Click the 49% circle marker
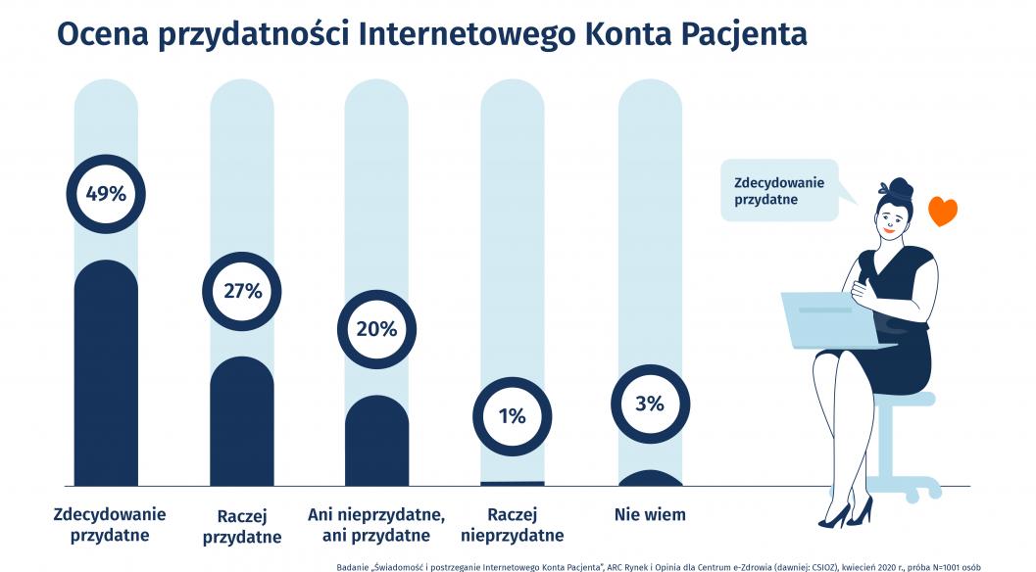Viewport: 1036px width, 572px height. (x=106, y=194)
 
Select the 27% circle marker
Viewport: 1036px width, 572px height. (x=241, y=291)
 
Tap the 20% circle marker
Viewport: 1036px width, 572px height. (x=376, y=329)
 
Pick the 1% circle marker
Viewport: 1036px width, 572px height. (x=512, y=415)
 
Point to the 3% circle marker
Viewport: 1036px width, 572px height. (x=649, y=404)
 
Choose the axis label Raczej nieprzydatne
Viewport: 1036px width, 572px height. (x=512, y=525)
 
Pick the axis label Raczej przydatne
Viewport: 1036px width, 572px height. (x=241, y=526)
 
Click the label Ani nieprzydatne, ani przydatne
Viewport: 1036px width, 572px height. (x=376, y=525)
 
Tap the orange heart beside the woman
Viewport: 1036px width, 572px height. (x=942, y=212)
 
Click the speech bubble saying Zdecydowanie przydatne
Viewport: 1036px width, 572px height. (x=780, y=191)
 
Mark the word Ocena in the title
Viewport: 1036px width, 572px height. (x=99, y=33)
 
